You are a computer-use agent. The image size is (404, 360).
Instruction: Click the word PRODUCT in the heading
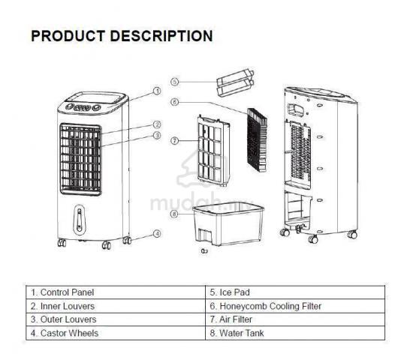pyautogui.click(x=68, y=36)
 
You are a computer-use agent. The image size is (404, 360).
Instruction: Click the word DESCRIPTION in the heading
pyautogui.click(x=161, y=36)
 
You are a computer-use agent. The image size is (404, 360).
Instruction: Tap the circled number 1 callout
pyautogui.click(x=157, y=91)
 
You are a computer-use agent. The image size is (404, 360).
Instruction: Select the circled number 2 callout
pyautogui.click(x=157, y=124)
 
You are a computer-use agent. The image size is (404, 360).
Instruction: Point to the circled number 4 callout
pyautogui.click(x=157, y=234)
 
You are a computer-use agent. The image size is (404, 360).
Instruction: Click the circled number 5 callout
pyautogui.click(x=175, y=82)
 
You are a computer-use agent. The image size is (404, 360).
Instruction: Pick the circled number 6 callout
pyautogui.click(x=175, y=102)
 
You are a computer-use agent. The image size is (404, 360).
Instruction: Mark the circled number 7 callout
pyautogui.click(x=175, y=141)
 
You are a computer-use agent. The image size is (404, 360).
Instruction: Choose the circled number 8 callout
pyautogui.click(x=175, y=214)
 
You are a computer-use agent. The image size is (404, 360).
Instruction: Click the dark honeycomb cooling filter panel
pyautogui.click(x=257, y=140)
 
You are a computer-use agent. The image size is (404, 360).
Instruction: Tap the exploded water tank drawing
pyautogui.click(x=228, y=223)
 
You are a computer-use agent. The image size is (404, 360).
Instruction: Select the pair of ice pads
pyautogui.click(x=235, y=82)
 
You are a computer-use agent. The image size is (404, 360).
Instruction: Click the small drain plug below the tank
pyautogui.click(x=204, y=250)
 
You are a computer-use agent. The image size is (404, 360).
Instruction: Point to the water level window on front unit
pyautogui.click(x=80, y=220)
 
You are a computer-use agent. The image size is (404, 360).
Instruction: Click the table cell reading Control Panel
pyautogui.click(x=116, y=292)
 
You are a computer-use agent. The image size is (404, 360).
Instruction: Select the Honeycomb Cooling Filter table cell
pyautogui.click(x=295, y=306)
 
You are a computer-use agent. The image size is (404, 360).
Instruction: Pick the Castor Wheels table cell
pyautogui.click(x=116, y=333)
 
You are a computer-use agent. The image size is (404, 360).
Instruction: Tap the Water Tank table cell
pyautogui.click(x=295, y=333)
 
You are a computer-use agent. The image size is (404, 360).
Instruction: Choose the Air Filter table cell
pyautogui.click(x=295, y=319)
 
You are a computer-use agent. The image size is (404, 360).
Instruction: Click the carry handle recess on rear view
pyautogui.click(x=296, y=109)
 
